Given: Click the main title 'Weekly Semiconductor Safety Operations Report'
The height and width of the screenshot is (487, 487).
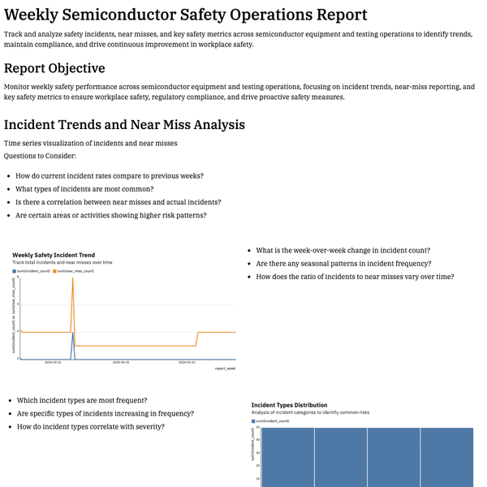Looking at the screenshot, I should [185, 15].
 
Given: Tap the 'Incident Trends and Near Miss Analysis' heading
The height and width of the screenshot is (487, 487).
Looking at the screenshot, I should [124, 125].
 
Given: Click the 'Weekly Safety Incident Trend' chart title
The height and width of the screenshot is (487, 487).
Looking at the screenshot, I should [54, 255].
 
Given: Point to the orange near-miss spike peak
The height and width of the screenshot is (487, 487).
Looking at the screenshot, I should [73, 278].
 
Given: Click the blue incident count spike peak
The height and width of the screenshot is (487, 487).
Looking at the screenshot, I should [73, 332].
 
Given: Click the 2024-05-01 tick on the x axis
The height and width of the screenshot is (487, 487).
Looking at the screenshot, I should [187, 363].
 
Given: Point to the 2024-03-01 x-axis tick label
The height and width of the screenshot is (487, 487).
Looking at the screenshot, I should [54, 363].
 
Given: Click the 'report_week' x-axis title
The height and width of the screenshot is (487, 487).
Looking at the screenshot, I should [225, 368].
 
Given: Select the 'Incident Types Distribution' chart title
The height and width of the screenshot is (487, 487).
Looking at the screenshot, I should [289, 404].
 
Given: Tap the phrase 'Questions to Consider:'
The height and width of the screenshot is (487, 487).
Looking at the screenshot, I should [40, 155].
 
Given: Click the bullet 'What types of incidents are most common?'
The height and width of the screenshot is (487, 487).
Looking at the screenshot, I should [84, 189].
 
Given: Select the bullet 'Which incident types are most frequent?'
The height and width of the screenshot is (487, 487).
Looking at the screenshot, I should [82, 400].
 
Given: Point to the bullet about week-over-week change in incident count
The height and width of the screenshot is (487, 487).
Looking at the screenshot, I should [343, 251].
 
